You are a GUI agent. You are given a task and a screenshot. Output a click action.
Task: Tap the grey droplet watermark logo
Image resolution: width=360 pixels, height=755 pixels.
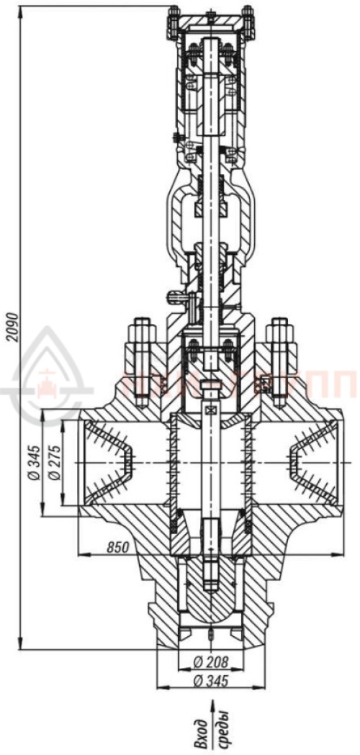point(47,374)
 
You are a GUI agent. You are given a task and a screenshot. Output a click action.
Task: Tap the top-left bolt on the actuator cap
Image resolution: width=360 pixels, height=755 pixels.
point(174,22)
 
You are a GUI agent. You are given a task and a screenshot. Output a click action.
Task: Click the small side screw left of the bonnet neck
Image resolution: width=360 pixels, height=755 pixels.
point(174,294)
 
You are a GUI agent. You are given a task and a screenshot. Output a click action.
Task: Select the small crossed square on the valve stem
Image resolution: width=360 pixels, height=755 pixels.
point(210,410)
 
